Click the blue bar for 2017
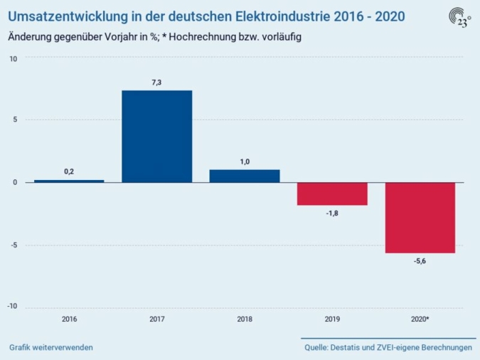(x=156, y=136)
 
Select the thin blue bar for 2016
(x=69, y=181)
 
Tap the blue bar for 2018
(x=245, y=176)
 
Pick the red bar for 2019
(x=332, y=194)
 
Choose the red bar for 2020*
(x=420, y=218)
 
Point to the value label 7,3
(x=156, y=83)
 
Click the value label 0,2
(x=69, y=172)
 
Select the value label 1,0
(x=245, y=162)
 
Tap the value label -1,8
(x=332, y=213)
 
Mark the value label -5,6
(x=420, y=261)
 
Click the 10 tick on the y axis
(x=14, y=58)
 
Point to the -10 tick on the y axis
(x=13, y=307)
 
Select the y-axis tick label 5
(x=15, y=120)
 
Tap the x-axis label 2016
(x=69, y=319)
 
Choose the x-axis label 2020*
(x=420, y=319)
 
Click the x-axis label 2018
(x=245, y=319)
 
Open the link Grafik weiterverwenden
(x=51, y=347)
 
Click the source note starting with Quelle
(x=388, y=347)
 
